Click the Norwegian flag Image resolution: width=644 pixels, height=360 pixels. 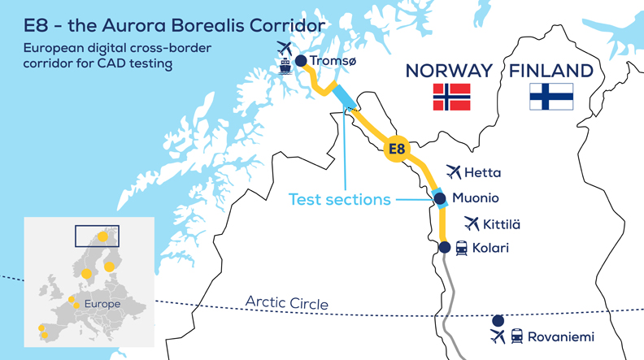(452, 97)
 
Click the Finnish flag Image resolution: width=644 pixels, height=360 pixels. (551, 97)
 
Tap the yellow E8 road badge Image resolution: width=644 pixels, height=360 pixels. (397, 149)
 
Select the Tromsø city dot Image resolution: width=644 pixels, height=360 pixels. (301, 61)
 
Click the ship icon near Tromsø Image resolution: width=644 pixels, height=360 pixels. (285, 64)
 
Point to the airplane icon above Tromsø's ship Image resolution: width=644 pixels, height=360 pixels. (284, 47)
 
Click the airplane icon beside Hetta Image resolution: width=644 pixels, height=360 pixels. (454, 172)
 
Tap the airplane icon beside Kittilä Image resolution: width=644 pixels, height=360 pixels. (472, 223)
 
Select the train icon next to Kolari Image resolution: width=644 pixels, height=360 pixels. (461, 248)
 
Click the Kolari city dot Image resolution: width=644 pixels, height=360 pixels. (444, 247)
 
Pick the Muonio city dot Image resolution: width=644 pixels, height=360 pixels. (440, 198)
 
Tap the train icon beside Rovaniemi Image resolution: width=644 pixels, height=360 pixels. (517, 336)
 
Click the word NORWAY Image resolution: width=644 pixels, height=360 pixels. (450, 71)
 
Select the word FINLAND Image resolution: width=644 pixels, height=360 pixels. (551, 71)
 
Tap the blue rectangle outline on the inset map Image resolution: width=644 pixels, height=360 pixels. (96, 236)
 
